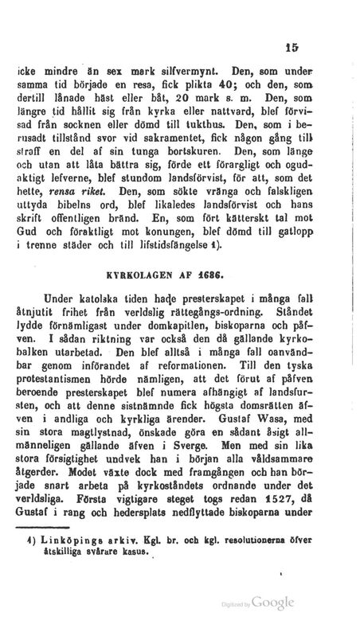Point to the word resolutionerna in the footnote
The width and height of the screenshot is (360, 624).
pyautogui.click(x=267, y=561)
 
